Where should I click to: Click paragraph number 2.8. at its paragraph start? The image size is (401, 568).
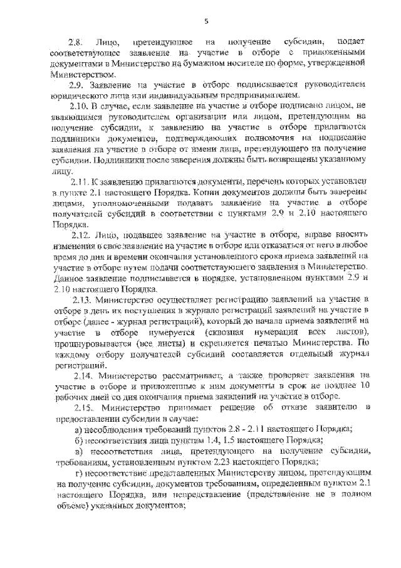75,41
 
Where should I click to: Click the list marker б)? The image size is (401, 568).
78,440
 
